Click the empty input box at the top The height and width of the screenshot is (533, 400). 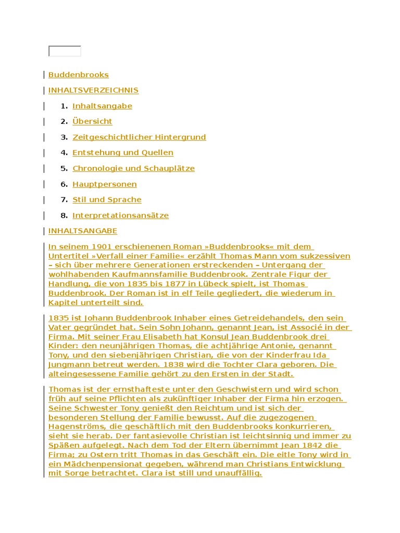65,51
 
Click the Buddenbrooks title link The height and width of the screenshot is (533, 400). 79,75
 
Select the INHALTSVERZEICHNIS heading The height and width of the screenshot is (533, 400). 93,91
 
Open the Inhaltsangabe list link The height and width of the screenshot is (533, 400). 102,106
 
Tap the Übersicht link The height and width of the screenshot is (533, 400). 92,122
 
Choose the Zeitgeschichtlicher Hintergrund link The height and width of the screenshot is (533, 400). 139,137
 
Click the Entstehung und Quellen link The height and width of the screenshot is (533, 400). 123,153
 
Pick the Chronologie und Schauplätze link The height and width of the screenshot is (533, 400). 133,169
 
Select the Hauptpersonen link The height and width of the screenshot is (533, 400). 105,184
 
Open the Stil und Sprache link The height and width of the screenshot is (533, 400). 107,200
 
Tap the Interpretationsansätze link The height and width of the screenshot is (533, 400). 120,215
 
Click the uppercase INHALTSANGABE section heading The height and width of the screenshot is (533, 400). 83,231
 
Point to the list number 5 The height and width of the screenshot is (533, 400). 64,169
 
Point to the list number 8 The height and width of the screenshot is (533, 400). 64,215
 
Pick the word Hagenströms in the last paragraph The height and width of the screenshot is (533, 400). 71,427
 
